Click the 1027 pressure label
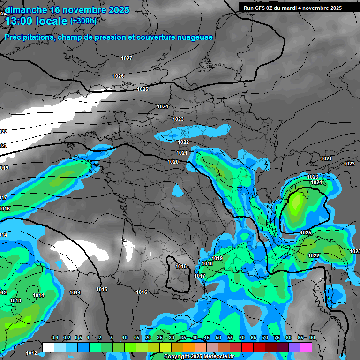[x=127, y=58]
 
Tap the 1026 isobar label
[x=118, y=76]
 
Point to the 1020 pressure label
[x=173, y=162]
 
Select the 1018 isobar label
[x=207, y=263]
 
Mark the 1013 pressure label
[x=15, y=300]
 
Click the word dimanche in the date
[x=25, y=10]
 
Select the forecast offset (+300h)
[x=83, y=21]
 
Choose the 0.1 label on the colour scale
[x=55, y=338]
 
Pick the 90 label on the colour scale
[x=312, y=338]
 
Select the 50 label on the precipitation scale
[x=218, y=338]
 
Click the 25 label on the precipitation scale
[x=160, y=338]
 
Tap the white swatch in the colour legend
[x=48, y=347]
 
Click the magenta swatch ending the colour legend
[x=306, y=347]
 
